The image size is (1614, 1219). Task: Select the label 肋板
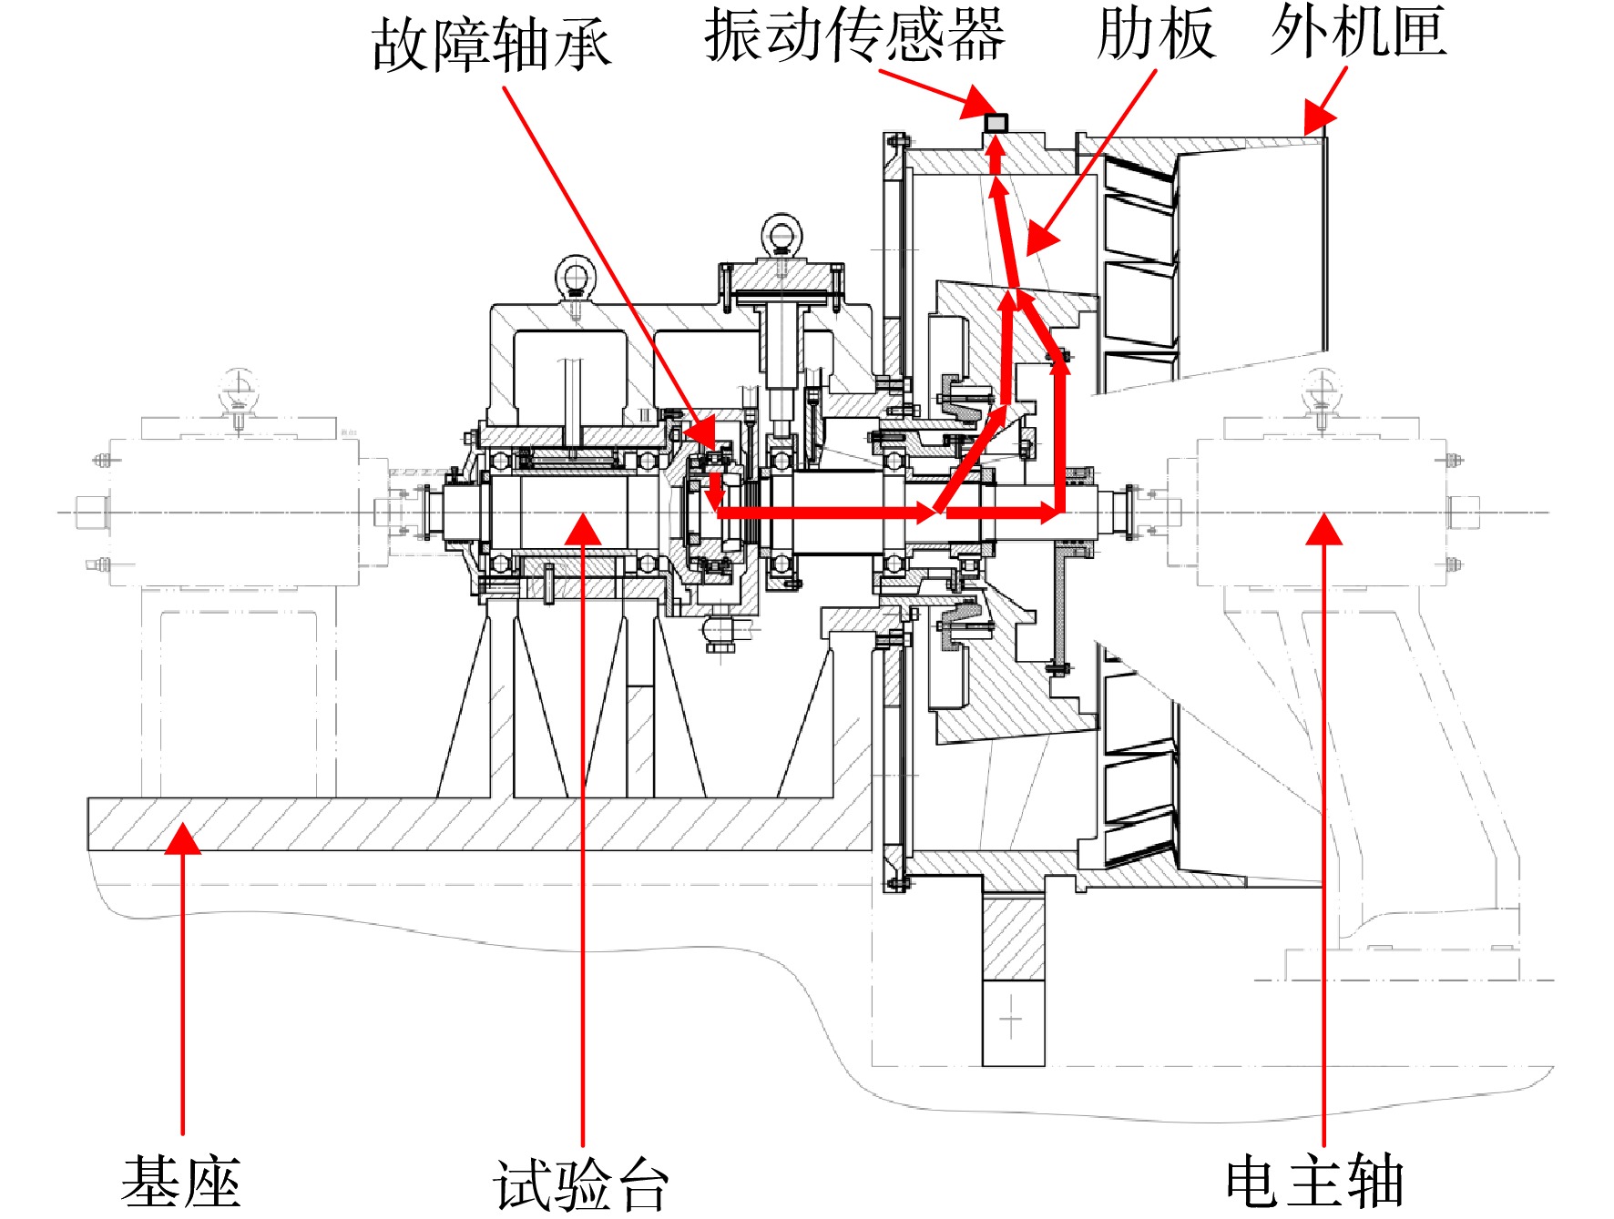tap(1155, 34)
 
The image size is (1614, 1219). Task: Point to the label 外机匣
tap(1358, 31)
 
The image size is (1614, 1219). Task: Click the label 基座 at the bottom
tap(181, 1181)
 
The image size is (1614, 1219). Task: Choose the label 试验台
tap(581, 1184)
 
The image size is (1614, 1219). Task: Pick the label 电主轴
tap(1314, 1181)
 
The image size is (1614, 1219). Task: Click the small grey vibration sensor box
tap(996, 122)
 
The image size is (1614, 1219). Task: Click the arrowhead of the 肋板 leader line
tap(1040, 238)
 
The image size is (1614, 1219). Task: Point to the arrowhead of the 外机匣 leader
tap(1317, 119)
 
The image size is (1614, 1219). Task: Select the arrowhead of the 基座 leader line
tap(183, 838)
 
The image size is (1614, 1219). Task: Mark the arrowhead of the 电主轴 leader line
tap(1323, 529)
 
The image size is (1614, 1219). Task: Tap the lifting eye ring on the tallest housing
tap(781, 233)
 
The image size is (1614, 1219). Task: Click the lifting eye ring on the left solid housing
tap(576, 276)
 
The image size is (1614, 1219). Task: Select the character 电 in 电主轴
tap(1255, 1182)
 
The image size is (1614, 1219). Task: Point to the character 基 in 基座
tap(151, 1181)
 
